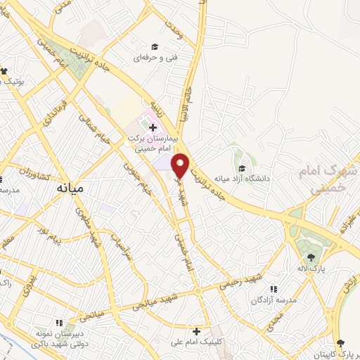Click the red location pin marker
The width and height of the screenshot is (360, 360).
(x=181, y=166)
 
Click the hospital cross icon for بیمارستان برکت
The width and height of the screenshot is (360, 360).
(x=153, y=127)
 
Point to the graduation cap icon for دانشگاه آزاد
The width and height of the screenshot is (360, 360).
(x=243, y=168)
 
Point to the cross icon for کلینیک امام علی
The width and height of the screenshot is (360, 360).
(x=196, y=330)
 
